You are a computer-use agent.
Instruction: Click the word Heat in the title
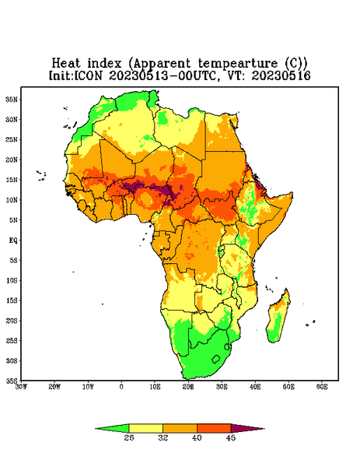pos(66,64)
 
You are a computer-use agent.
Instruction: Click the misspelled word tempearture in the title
pos(238,64)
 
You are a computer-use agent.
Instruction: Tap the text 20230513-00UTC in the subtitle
pos(163,75)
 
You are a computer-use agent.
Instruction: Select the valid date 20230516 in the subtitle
pos(281,75)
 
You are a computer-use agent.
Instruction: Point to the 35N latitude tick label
pos(12,100)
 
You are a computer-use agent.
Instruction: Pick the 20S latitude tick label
pos(12,321)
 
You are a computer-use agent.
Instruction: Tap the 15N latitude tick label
pos(12,180)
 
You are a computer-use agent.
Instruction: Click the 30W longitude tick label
pos(21,387)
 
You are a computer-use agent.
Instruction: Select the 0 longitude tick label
pos(121,387)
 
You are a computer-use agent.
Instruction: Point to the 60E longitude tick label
pos(322,387)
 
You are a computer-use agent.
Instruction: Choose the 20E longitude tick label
pos(188,387)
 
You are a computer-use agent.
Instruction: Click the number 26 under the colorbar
pos(129,437)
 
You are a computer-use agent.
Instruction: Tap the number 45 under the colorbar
pos(231,437)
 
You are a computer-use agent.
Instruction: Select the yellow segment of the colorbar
pos(145,428)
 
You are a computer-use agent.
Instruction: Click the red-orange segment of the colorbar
pos(214,428)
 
